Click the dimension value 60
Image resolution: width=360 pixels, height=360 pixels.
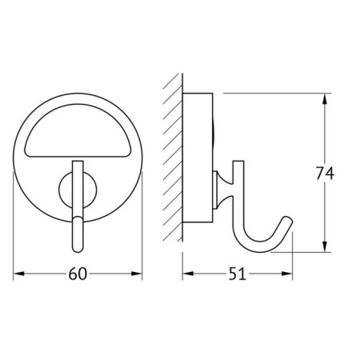(x=78, y=274)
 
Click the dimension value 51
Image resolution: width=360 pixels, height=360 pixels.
(x=237, y=274)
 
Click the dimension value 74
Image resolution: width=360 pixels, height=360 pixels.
(x=325, y=174)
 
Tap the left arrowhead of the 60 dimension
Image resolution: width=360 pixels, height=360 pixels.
(x=19, y=274)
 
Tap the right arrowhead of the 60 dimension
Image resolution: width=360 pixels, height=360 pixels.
(x=137, y=274)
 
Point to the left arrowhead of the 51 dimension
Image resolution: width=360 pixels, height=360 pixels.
(x=188, y=274)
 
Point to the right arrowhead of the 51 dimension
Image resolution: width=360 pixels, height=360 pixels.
(x=287, y=274)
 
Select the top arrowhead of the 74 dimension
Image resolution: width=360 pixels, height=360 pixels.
(x=325, y=99)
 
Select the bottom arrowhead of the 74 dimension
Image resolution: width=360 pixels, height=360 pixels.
(x=325, y=246)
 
